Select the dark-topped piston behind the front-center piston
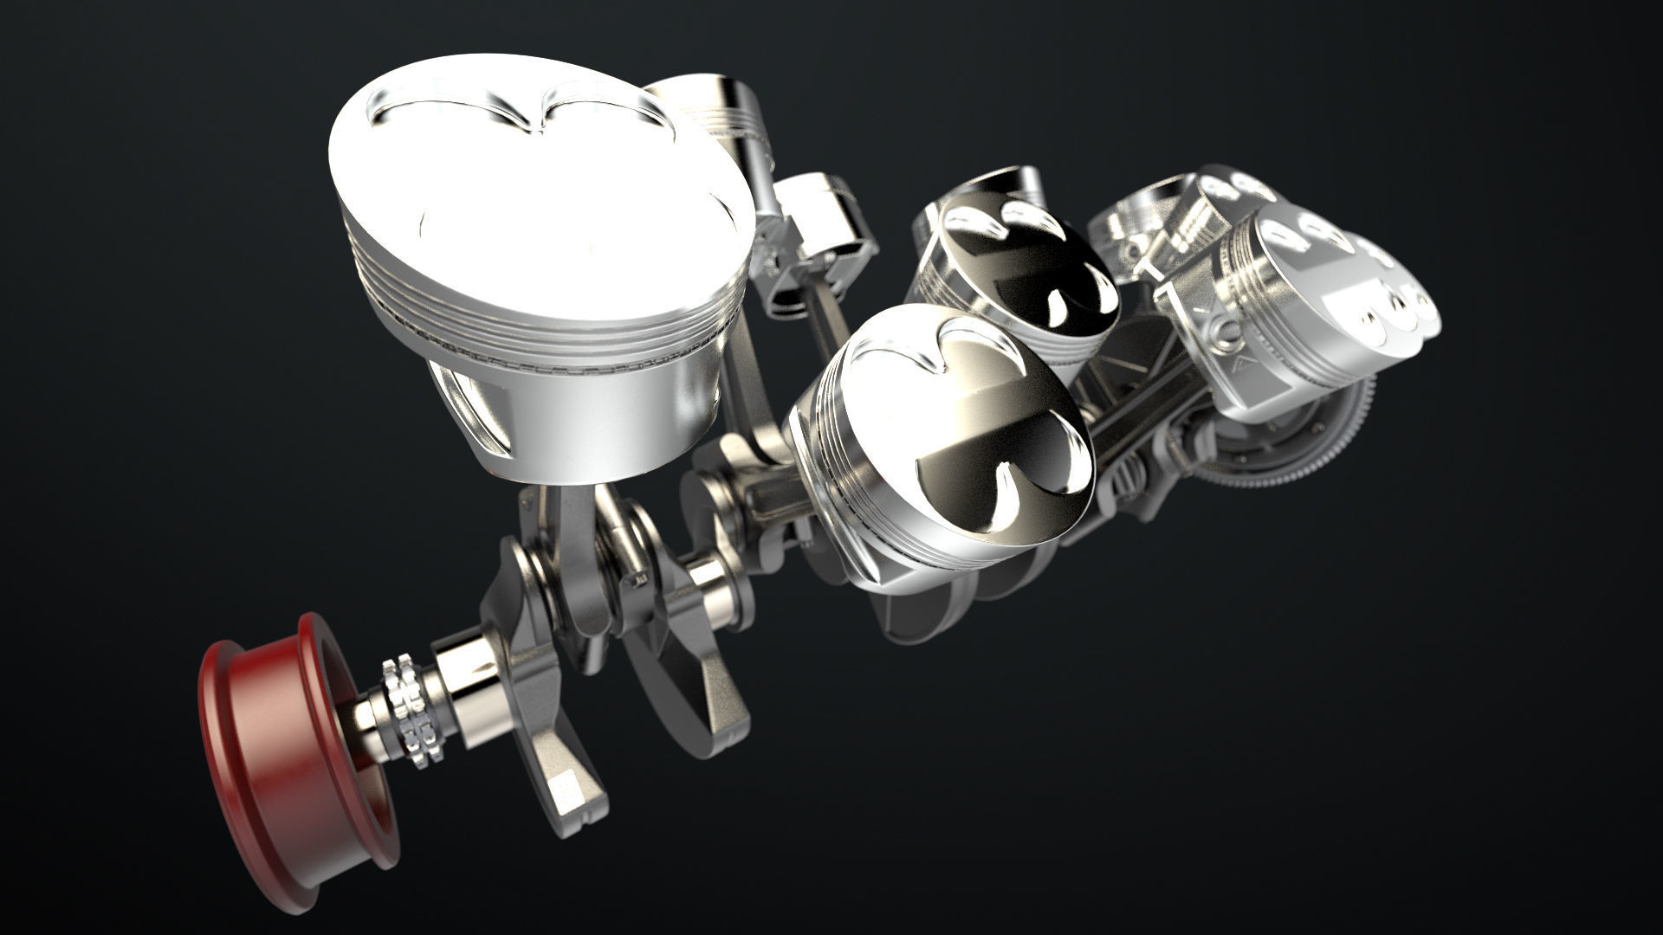pyautogui.click(x=1022, y=260)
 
